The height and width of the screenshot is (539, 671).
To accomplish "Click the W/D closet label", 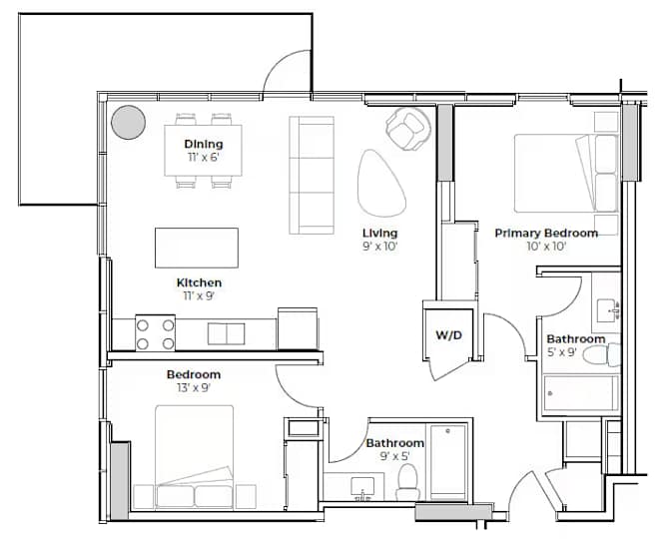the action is tap(449, 335).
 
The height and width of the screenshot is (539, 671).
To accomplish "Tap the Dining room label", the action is tap(204, 144).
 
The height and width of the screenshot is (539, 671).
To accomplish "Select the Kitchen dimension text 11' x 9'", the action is tap(199, 295).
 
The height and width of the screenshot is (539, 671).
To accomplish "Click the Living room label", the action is tap(380, 234).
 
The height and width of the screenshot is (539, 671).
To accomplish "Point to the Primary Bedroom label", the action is tap(546, 234).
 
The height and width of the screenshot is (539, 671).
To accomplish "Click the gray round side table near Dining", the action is tap(128, 122).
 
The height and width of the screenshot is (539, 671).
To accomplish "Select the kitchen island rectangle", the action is tap(197, 248).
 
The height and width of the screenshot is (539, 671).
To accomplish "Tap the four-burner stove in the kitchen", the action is tap(156, 332).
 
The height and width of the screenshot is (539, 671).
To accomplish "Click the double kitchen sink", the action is tap(227, 333).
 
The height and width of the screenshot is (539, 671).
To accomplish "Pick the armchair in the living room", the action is tap(407, 128).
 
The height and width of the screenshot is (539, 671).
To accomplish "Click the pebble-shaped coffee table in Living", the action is tap(380, 183).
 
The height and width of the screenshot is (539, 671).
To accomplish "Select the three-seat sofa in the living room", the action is tap(312, 176).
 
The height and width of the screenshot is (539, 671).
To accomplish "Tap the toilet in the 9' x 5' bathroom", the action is tap(407, 482).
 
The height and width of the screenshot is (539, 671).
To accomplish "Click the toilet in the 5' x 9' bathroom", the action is tap(601, 355).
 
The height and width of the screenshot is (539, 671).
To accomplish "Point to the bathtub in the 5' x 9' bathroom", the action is tap(581, 394).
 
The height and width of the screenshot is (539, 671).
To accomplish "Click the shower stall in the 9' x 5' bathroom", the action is tap(448, 462).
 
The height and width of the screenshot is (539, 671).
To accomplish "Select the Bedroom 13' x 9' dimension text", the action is tap(194, 388).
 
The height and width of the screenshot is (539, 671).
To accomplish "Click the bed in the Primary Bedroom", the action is tap(566, 174).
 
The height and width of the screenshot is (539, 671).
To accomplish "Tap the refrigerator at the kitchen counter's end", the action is tap(298, 328).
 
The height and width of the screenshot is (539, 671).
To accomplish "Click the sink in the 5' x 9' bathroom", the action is tap(608, 310).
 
